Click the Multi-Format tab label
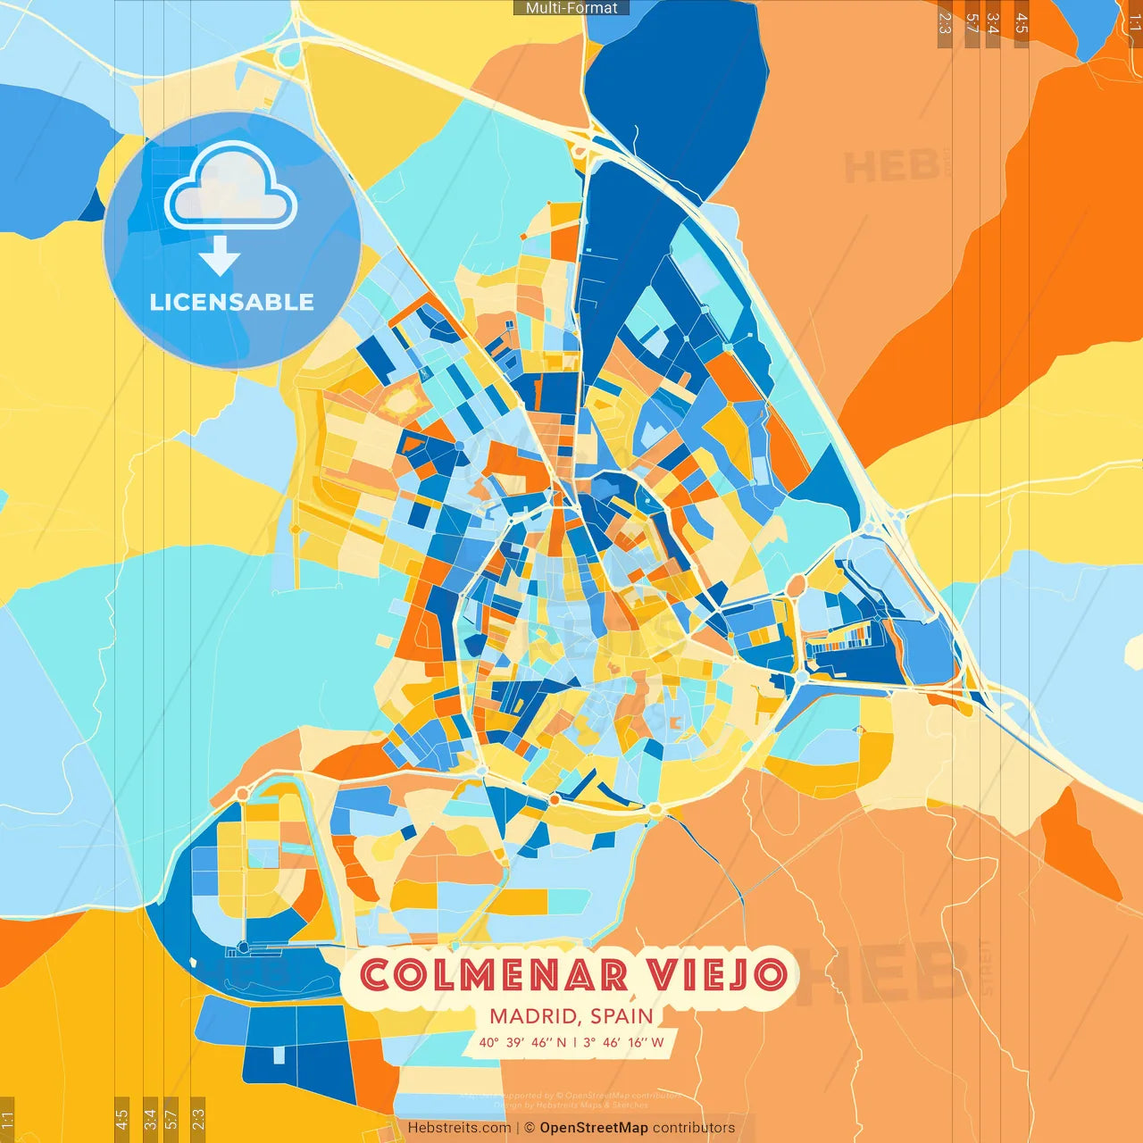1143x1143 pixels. tap(571, 8)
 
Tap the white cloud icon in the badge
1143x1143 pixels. tap(230, 188)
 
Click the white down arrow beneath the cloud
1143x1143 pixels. tap(220, 256)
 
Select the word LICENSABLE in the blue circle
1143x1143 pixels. tap(232, 302)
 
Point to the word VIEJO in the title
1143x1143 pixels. tap(718, 975)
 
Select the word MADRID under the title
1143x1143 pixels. tap(533, 1016)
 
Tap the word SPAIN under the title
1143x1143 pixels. tap(622, 1016)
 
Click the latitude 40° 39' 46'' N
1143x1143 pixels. tap(522, 1042)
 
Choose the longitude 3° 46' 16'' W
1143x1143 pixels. tap(623, 1042)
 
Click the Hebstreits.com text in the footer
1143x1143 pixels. tap(459, 1128)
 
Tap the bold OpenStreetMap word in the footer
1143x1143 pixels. tap(594, 1128)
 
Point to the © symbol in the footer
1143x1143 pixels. tap(530, 1128)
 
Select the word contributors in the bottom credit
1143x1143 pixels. tap(694, 1128)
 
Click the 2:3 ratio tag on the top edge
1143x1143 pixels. tap(945, 23)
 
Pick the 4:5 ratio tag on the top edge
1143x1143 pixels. tap(1022, 23)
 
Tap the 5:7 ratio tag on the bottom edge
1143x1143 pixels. tap(171, 1119)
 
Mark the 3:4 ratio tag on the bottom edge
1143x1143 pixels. tap(150, 1119)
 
